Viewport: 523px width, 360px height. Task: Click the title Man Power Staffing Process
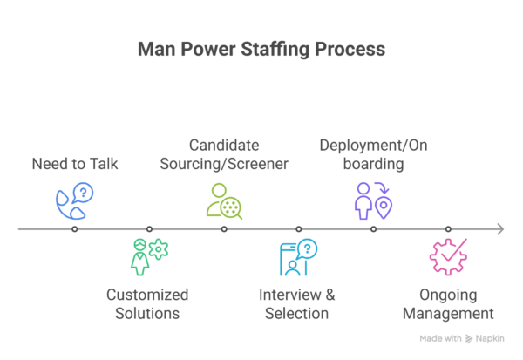click(261, 50)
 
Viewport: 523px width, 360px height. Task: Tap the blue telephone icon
click(73, 200)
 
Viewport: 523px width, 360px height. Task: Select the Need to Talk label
click(74, 164)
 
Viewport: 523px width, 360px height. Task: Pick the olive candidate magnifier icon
click(224, 200)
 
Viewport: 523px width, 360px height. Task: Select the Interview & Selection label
click(297, 303)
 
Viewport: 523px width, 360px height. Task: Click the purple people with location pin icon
click(373, 200)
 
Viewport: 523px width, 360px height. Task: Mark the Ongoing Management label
click(448, 303)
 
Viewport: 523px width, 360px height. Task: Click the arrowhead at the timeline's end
click(499, 229)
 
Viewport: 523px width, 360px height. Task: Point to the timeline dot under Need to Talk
click(74, 229)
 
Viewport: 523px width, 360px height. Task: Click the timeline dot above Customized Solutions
click(149, 229)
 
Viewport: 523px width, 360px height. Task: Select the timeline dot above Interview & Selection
click(298, 229)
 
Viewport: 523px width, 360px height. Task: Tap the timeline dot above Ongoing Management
click(448, 229)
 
